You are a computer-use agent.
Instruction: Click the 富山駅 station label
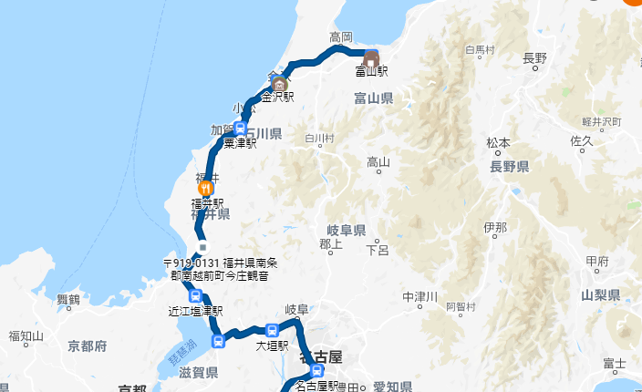(372, 70)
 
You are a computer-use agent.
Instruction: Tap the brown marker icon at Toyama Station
(372, 55)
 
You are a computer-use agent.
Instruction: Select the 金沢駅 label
(280, 96)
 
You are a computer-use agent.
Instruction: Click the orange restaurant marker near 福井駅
(205, 188)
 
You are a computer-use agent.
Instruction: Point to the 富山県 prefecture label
(375, 98)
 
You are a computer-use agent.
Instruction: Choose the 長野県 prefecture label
(509, 167)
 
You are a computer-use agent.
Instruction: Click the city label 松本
(498, 143)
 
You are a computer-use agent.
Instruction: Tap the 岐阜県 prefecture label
(347, 231)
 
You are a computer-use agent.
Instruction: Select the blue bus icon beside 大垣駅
(273, 330)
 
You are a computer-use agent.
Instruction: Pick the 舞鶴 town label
(68, 300)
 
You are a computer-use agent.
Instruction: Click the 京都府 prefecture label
(88, 346)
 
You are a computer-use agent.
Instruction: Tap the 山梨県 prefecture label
(600, 295)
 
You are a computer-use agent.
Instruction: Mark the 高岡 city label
(341, 37)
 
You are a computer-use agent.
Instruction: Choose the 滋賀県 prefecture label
(198, 373)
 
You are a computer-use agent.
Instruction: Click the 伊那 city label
(496, 226)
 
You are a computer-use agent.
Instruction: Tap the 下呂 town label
(378, 250)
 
